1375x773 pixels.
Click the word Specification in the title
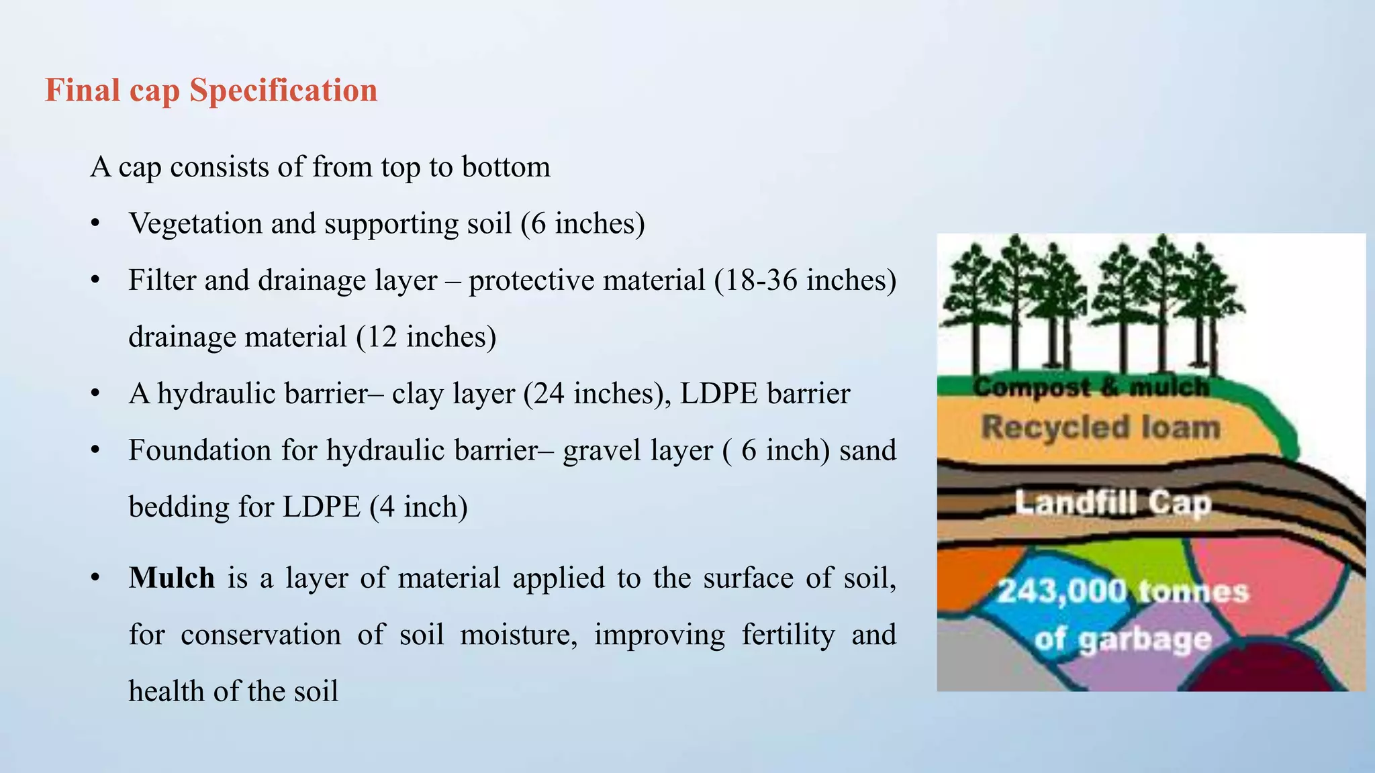pos(283,91)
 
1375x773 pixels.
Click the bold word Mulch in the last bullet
pos(172,578)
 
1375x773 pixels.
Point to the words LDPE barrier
pos(765,394)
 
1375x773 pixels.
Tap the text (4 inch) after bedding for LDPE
pos(418,507)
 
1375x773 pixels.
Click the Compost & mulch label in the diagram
pos(1090,387)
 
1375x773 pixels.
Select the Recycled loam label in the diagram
pos(1100,427)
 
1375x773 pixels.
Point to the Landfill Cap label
pos(1112,503)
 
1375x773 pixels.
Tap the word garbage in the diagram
pos(1145,641)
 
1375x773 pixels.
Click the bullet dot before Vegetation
pos(96,224)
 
